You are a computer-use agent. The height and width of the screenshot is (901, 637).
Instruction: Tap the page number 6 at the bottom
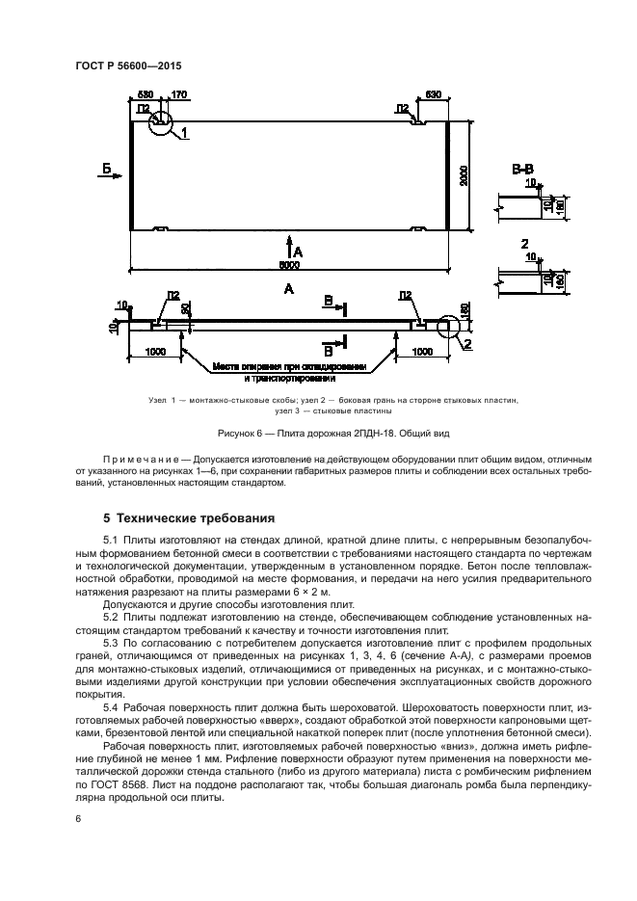78,819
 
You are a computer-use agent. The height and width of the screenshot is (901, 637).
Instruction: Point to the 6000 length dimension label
289,264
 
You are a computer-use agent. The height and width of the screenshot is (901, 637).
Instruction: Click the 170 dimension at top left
178,95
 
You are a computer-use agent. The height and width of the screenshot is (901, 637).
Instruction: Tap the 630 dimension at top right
433,95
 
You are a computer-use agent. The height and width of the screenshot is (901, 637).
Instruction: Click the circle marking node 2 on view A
449,328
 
